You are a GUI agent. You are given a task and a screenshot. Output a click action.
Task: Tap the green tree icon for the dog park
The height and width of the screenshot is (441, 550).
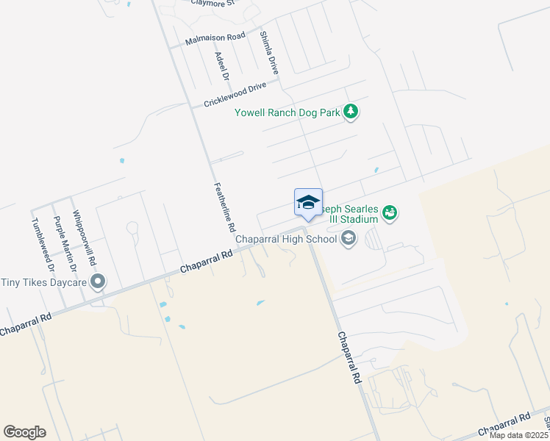pyautogui.click(x=352, y=112)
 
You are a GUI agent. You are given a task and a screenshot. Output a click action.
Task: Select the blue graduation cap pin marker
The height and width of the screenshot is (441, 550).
pyautogui.click(x=308, y=203)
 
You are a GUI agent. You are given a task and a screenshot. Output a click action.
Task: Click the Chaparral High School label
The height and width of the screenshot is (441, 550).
pyautogui.click(x=285, y=239)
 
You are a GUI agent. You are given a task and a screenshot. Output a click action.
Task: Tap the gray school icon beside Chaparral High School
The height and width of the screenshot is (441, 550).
pyautogui.click(x=348, y=238)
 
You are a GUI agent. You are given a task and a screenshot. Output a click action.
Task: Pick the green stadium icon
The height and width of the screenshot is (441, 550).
pyautogui.click(x=390, y=213)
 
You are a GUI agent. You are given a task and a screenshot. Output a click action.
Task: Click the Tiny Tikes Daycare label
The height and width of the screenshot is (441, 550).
pyautogui.click(x=44, y=282)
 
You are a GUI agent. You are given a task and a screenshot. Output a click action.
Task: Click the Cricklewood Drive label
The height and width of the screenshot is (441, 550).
pyautogui.click(x=235, y=95)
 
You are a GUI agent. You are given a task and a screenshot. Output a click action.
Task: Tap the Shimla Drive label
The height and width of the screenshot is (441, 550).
pyautogui.click(x=269, y=53)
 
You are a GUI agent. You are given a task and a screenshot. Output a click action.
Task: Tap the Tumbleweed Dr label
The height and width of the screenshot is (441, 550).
pyautogui.click(x=43, y=248)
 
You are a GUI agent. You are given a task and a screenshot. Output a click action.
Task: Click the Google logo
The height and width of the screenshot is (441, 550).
pyautogui.click(x=24, y=432)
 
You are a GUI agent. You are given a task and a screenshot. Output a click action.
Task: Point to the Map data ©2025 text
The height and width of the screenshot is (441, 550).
pyautogui.click(x=519, y=435)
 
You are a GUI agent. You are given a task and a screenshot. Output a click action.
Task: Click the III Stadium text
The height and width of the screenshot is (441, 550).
pyautogui.click(x=360, y=219)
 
